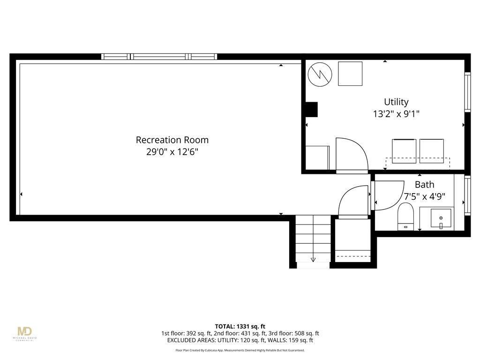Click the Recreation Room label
tap(172, 140)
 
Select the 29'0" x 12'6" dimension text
tap(172, 152)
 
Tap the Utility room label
tap(396, 102)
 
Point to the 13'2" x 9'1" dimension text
tap(396, 114)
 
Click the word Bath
tap(424, 185)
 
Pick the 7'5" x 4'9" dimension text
tap(424, 197)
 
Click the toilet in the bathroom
tap(405, 216)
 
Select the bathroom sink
tap(441, 218)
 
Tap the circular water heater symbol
tap(320, 74)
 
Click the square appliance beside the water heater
tap(350, 74)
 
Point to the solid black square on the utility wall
tap(311, 109)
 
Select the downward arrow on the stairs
tap(313, 259)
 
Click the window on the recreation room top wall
tap(159, 57)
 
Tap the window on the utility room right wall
tap(467, 92)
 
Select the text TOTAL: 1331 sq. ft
tap(240, 326)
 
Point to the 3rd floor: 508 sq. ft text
tap(294, 333)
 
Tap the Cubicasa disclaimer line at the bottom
tap(240, 350)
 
